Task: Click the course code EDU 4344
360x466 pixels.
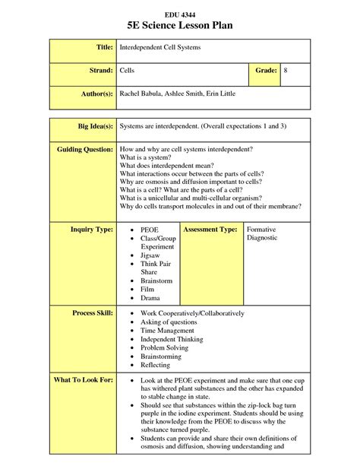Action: tap(179, 14)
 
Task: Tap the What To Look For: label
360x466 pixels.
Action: tap(84, 379)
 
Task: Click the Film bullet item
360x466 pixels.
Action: tap(148, 290)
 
